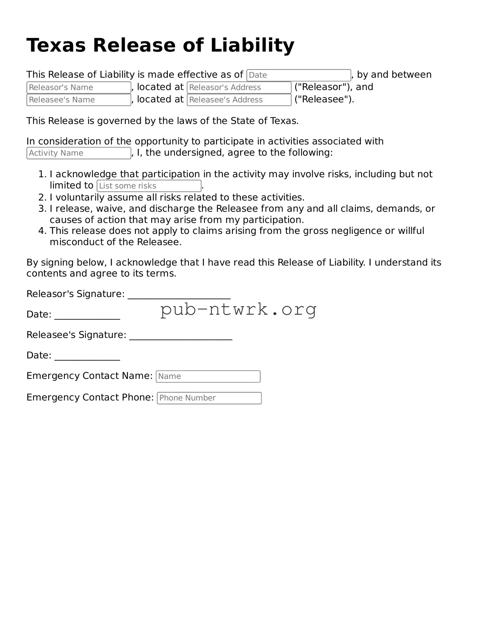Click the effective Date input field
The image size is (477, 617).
pyautogui.click(x=298, y=75)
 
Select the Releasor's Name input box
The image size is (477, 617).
pyautogui.click(x=79, y=88)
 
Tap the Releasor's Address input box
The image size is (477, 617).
pyautogui.click(x=239, y=88)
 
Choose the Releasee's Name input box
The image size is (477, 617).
pyautogui.click(x=79, y=100)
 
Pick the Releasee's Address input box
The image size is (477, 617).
pyautogui.click(x=239, y=100)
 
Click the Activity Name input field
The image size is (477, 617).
pyautogui.click(x=79, y=153)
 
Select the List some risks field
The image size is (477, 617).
pyautogui.click(x=149, y=186)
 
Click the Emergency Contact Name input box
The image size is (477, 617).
pyautogui.click(x=208, y=377)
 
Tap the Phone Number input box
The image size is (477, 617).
pyautogui.click(x=209, y=398)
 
